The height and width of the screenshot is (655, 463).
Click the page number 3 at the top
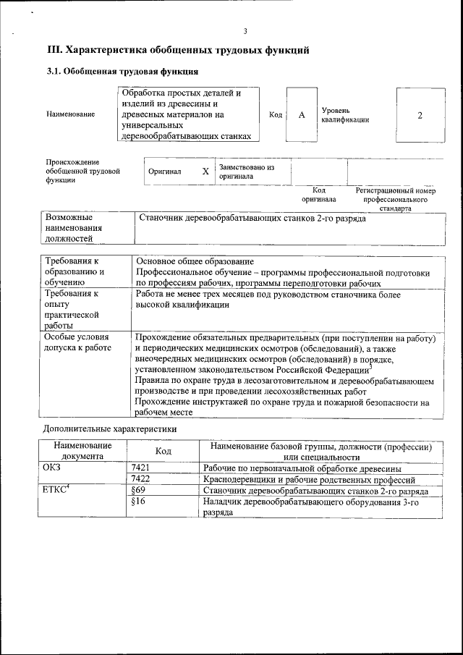(x=245, y=30)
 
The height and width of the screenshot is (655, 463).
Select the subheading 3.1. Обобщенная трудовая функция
(x=122, y=72)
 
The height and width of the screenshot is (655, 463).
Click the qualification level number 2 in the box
(x=420, y=115)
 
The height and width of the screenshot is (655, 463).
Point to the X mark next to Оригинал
(x=205, y=172)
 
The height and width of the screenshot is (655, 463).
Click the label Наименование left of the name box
(x=69, y=115)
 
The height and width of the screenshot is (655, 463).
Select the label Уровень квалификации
(x=345, y=114)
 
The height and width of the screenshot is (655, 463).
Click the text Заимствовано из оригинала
(x=246, y=172)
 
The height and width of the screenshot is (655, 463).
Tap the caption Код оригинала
(x=318, y=195)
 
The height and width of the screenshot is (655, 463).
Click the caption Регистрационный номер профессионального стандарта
(x=395, y=199)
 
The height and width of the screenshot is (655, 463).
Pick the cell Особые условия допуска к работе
(x=77, y=342)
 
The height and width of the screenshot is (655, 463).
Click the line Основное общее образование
(x=195, y=261)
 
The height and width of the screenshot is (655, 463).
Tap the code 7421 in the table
(x=141, y=468)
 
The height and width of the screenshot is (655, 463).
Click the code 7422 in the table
(x=141, y=479)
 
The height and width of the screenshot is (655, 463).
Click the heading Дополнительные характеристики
(x=109, y=429)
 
